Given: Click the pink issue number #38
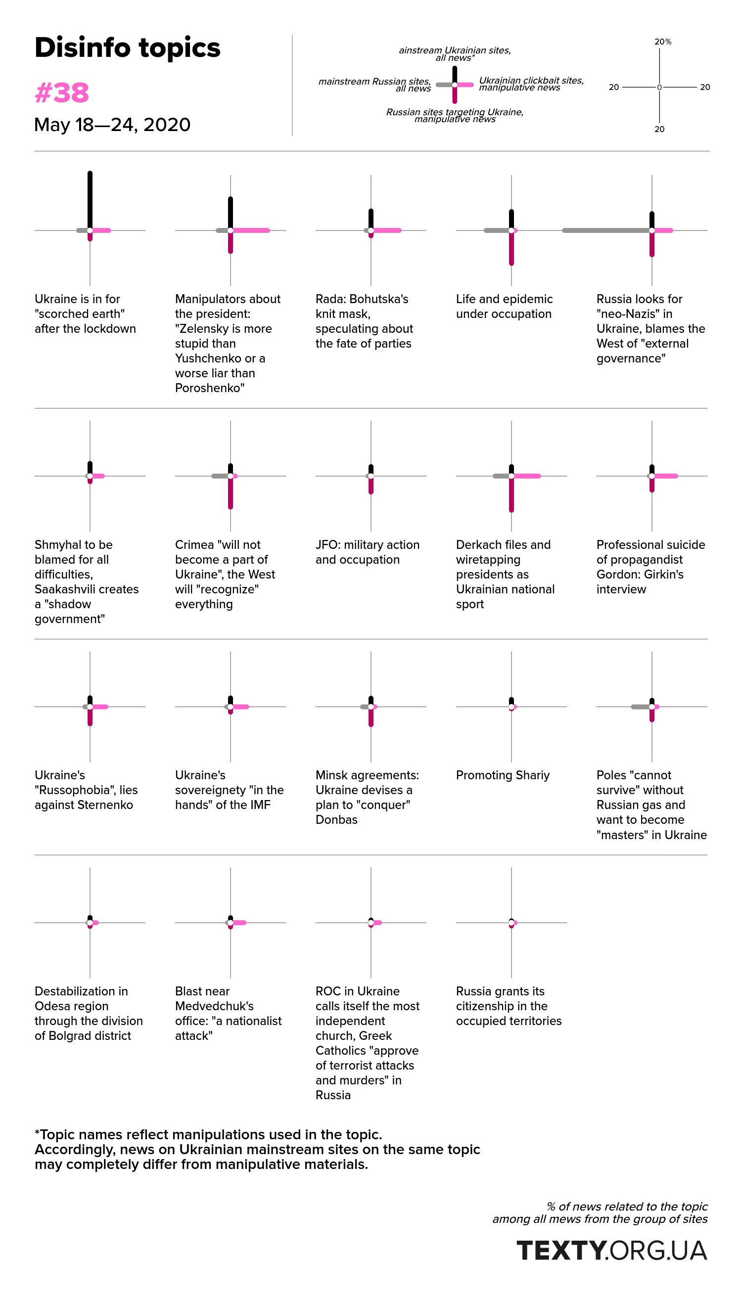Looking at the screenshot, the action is point(62,92).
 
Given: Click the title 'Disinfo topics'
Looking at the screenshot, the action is point(128,48).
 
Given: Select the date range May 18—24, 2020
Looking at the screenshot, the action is point(112,125).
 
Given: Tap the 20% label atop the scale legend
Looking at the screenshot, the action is point(662,42).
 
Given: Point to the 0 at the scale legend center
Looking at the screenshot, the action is point(659,87).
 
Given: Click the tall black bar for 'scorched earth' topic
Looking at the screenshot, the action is point(90,201).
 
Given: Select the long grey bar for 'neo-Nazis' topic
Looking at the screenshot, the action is point(606,230).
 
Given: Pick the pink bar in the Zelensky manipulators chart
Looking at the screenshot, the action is point(250,230).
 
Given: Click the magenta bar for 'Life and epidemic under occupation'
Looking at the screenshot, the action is point(511,248).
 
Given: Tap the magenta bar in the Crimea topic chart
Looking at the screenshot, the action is point(231,493).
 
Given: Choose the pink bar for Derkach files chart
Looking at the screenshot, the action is point(526,476).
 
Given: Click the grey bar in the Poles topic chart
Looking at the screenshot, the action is point(641,707).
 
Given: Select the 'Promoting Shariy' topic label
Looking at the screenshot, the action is point(503,775).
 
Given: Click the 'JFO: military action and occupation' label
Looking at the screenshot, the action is point(368,552).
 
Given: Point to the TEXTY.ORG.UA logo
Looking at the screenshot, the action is point(611,1250).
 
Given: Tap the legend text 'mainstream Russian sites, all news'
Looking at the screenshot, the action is point(374,85).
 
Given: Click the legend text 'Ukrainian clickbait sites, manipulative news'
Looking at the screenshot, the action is point(531,84).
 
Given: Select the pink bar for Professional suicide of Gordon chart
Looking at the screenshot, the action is point(664,476).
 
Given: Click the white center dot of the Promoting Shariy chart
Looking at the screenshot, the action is point(511,707).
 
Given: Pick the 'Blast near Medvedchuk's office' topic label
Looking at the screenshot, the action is point(229,1013).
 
